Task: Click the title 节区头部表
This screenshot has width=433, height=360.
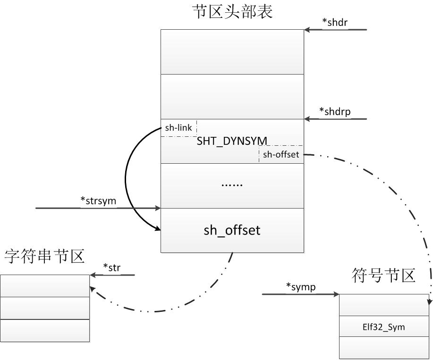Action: click(232, 12)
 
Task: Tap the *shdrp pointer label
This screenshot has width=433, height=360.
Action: click(335, 112)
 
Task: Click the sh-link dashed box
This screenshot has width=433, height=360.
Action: click(178, 128)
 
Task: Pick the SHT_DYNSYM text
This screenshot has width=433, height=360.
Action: click(232, 141)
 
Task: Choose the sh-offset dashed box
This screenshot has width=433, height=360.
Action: click(281, 154)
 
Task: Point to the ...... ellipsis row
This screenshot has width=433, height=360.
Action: click(232, 184)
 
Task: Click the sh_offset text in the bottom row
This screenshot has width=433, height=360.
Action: click(232, 230)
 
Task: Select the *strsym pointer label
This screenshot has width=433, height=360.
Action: click(98, 201)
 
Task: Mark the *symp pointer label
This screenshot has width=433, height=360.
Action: click(301, 287)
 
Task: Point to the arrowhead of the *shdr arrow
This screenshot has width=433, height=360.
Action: click(307, 30)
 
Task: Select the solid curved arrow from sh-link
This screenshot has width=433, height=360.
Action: click(126, 179)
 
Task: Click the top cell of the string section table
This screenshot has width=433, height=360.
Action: click(45, 285)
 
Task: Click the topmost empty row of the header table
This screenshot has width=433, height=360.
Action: click(232, 52)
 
